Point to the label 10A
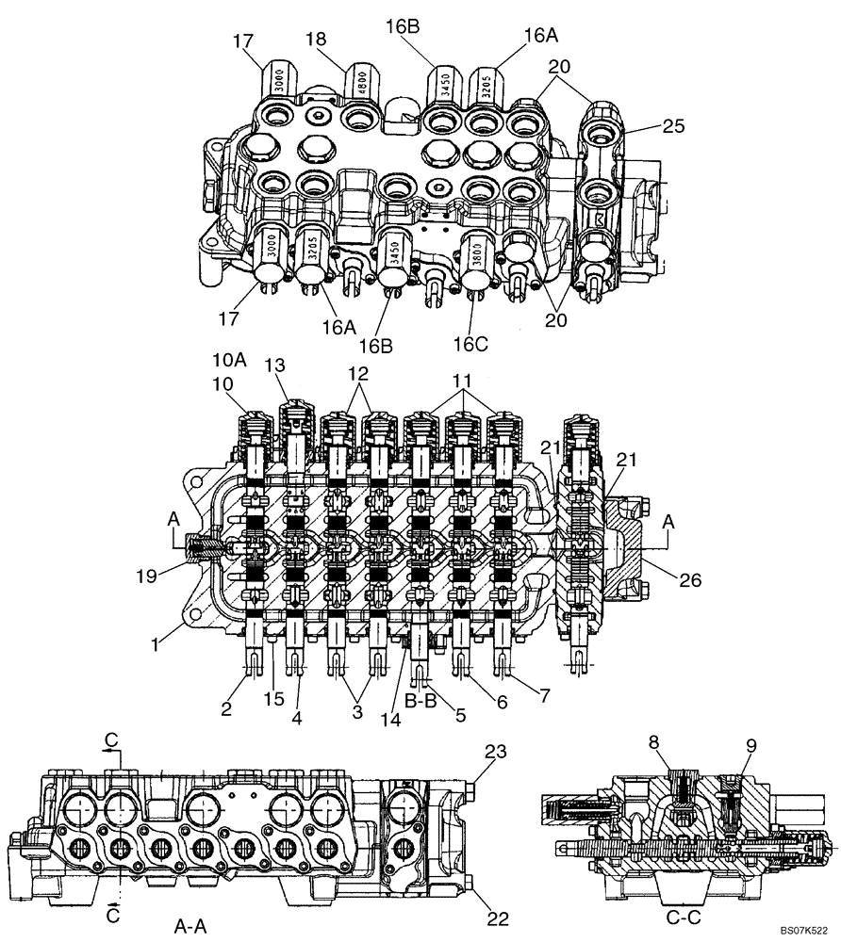(x=229, y=361)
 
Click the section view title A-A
(x=193, y=926)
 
